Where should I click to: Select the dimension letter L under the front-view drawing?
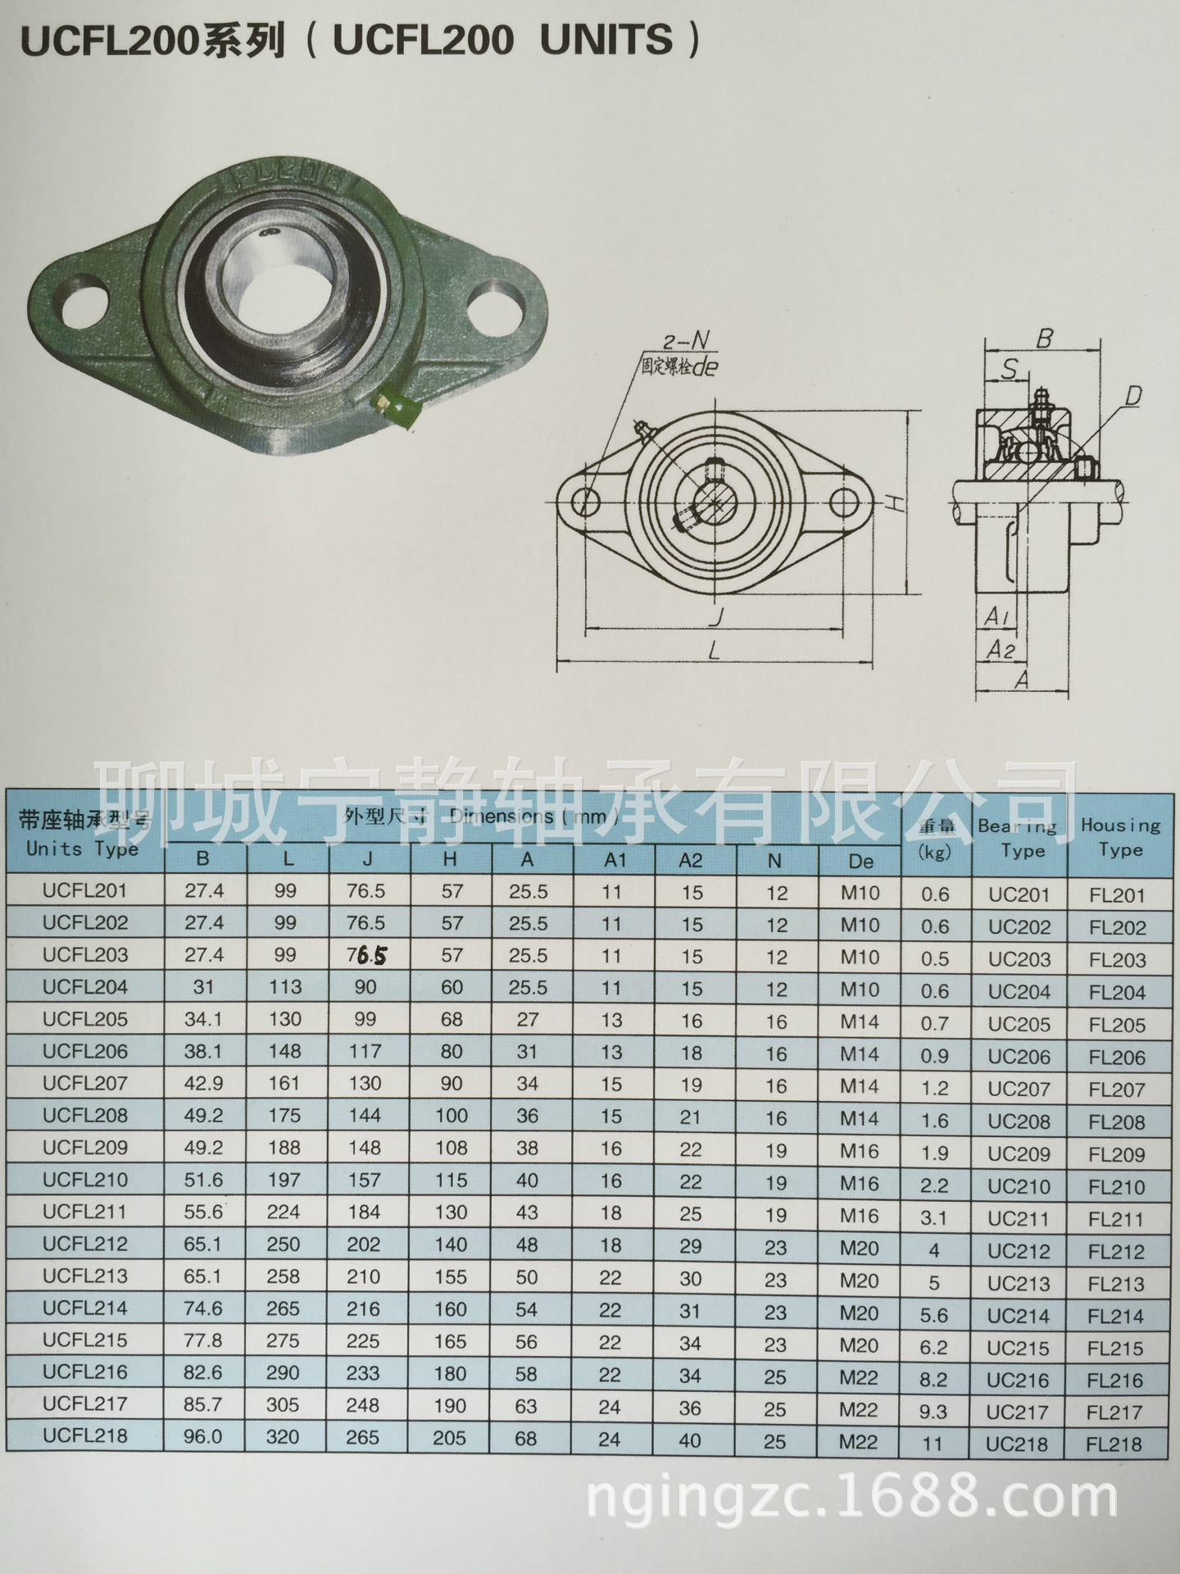(715, 650)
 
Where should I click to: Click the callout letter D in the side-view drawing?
(1132, 398)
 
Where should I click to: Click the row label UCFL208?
(85, 1115)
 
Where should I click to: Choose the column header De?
(860, 861)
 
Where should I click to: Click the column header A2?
(691, 860)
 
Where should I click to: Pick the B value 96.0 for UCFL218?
(203, 1436)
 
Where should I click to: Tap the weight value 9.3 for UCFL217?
(934, 1412)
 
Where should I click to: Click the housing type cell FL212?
(1116, 1252)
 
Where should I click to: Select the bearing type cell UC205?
(1019, 1024)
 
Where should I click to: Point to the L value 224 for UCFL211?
(284, 1212)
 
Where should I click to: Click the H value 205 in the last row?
(449, 1438)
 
